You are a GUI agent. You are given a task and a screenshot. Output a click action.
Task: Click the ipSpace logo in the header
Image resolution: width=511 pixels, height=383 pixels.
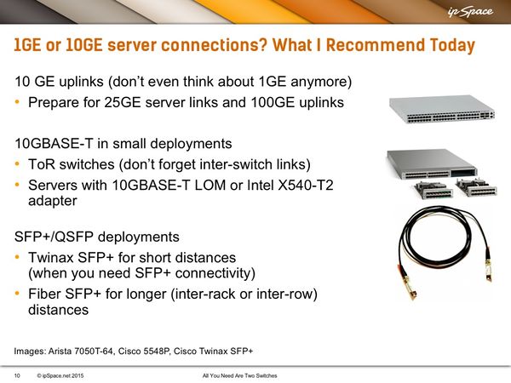pyautogui.click(x=470, y=12)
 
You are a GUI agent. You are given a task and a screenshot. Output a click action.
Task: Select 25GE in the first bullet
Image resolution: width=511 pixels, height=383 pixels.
pyautogui.click(x=123, y=102)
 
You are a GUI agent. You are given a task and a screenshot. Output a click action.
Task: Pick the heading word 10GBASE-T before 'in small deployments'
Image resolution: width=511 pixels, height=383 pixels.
pyautogui.click(x=54, y=143)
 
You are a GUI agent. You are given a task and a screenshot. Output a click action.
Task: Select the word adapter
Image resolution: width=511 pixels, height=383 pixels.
pyautogui.click(x=53, y=201)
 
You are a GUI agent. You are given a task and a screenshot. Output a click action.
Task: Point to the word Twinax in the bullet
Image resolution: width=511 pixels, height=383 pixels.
pyautogui.click(x=51, y=257)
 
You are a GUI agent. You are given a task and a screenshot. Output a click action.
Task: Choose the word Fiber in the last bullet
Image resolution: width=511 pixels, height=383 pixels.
pyautogui.click(x=44, y=294)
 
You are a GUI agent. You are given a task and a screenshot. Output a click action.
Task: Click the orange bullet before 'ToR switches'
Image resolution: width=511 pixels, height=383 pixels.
pyautogui.click(x=17, y=163)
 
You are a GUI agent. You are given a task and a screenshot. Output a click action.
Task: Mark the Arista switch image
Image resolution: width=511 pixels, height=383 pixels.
pyautogui.click(x=442, y=109)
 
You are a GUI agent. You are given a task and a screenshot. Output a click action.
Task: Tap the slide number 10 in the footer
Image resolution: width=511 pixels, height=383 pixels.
pyautogui.click(x=17, y=375)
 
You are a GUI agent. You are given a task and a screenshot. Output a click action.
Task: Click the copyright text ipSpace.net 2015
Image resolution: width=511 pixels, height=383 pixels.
pyautogui.click(x=60, y=375)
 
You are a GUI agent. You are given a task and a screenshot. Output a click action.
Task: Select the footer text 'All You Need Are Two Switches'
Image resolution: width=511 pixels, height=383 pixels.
pyautogui.click(x=240, y=375)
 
